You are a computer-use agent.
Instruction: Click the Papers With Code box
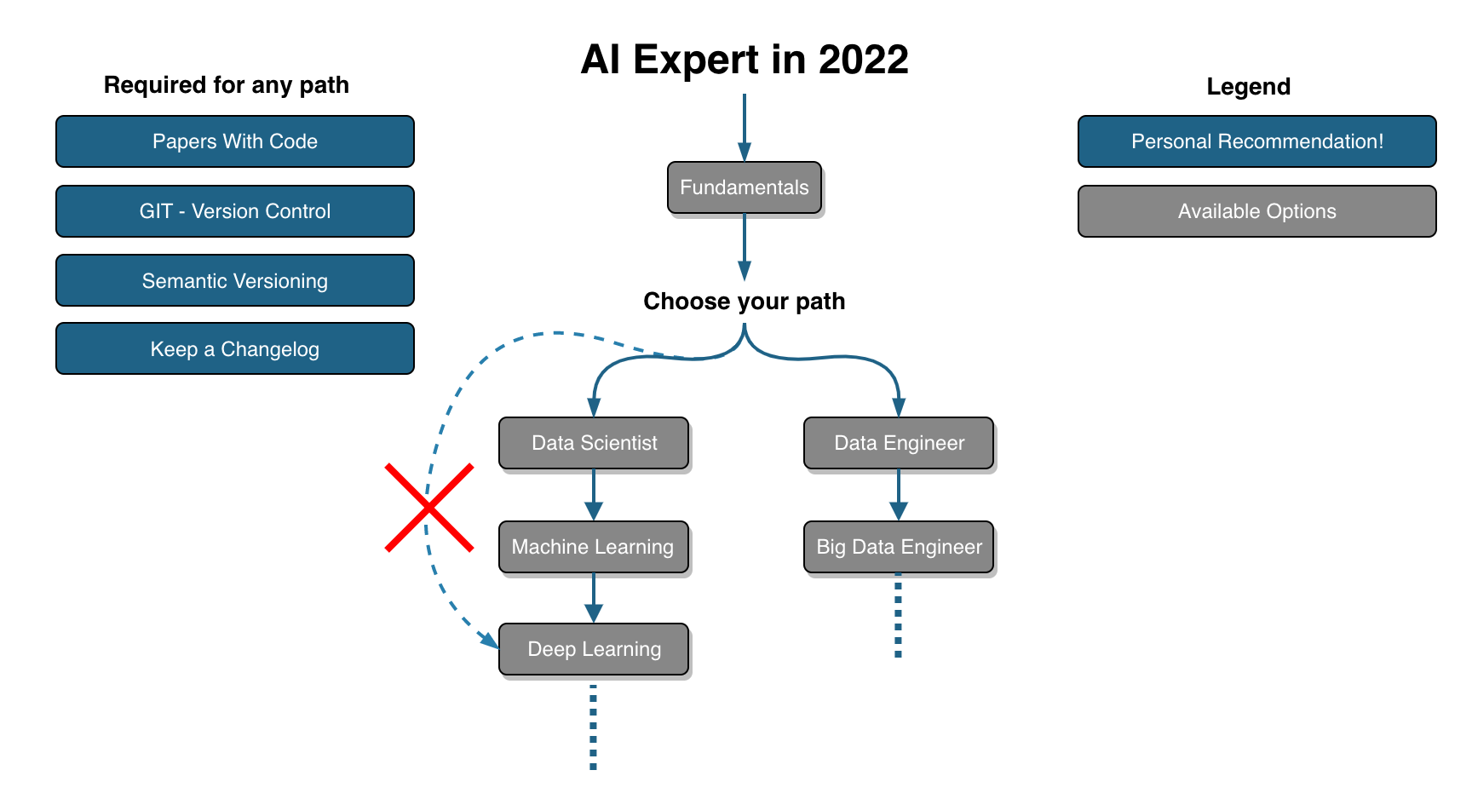(x=235, y=141)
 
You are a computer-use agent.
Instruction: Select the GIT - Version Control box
(x=235, y=211)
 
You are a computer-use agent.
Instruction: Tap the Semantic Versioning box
(x=235, y=280)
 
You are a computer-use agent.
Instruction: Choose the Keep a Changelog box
(x=235, y=348)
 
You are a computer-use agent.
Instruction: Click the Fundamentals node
(x=745, y=187)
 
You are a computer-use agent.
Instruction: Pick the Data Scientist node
(x=594, y=443)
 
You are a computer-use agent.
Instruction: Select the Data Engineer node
(x=899, y=443)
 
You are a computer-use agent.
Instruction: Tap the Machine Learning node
(x=594, y=547)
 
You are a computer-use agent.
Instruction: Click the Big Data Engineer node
(x=899, y=547)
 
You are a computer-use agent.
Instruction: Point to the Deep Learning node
(x=594, y=649)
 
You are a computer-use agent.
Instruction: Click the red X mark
(x=429, y=508)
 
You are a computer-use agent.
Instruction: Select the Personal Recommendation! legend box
(x=1257, y=141)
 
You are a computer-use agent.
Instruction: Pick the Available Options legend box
(x=1257, y=211)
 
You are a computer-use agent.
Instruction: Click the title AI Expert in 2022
(x=745, y=60)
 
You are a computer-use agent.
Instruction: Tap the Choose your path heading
(x=745, y=302)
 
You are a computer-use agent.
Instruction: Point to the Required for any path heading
(x=227, y=85)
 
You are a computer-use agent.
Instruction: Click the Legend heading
(x=1249, y=87)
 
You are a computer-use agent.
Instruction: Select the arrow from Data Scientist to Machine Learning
(x=594, y=495)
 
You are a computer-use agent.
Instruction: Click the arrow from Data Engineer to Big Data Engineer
(x=899, y=495)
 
